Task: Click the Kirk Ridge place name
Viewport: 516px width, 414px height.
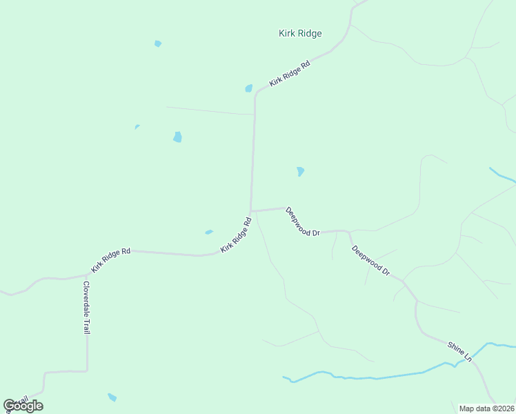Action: pos(300,33)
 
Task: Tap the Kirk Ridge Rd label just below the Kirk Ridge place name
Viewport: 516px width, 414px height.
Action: pos(290,72)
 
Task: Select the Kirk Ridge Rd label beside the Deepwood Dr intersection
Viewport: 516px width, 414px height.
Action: pos(236,235)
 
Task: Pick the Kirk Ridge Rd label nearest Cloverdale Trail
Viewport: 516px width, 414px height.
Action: pos(110,261)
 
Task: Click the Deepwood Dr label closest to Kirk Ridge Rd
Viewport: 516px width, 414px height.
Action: pos(303,221)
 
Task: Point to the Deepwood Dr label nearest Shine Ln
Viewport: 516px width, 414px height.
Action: pos(370,261)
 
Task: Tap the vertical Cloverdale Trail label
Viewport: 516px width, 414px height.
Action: pos(86,308)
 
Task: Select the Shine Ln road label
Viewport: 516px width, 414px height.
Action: pos(459,351)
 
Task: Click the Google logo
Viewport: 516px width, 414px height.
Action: pos(23,406)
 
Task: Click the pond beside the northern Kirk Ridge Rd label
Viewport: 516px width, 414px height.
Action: pos(248,88)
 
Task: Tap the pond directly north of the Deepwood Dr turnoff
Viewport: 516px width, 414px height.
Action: pos(300,171)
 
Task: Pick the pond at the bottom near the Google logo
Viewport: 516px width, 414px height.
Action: pos(112,397)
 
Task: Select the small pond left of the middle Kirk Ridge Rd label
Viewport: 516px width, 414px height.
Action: pos(209,232)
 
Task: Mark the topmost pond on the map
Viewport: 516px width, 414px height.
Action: pos(158,43)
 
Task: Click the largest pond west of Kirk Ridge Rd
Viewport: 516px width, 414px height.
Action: pos(177,137)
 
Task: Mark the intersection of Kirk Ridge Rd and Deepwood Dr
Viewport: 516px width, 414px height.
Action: pos(251,210)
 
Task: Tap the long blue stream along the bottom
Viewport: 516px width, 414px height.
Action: pos(373,377)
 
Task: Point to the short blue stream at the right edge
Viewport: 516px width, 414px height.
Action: pos(502,175)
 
